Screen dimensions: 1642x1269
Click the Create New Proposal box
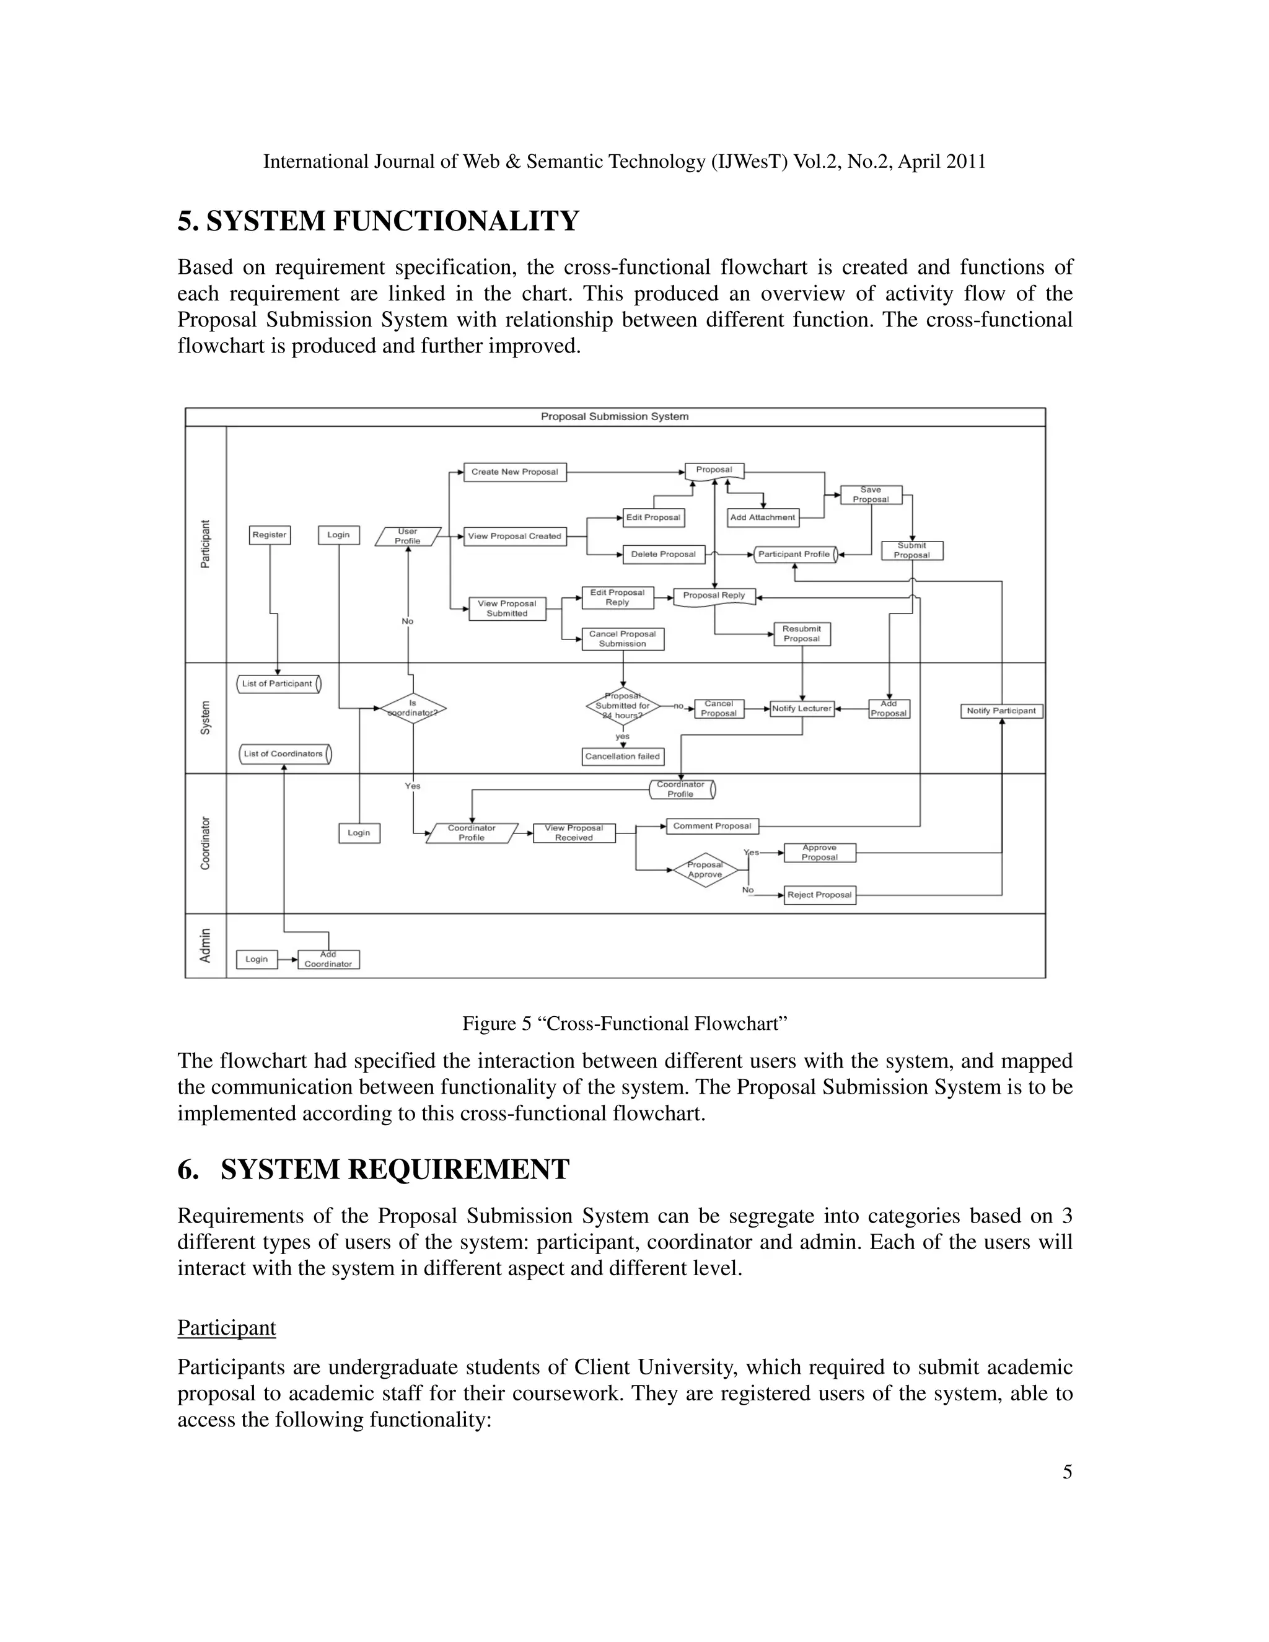point(515,472)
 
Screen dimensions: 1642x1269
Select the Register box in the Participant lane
point(269,535)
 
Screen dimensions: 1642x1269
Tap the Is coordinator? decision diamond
point(413,708)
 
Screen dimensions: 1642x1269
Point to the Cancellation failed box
point(623,757)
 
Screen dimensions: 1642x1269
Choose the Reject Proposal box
point(819,895)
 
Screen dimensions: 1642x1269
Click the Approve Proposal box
point(819,853)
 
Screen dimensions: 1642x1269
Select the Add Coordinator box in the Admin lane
point(328,959)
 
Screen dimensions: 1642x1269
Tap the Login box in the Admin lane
point(257,959)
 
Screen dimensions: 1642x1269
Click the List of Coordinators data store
point(285,753)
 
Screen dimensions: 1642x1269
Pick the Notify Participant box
point(1001,711)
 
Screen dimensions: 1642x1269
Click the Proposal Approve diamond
point(705,870)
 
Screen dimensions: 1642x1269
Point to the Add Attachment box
point(762,517)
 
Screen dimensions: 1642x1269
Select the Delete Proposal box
point(664,554)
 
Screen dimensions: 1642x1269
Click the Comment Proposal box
point(713,826)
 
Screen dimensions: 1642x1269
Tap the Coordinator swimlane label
point(205,843)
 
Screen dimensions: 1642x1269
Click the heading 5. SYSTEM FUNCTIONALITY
point(378,221)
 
